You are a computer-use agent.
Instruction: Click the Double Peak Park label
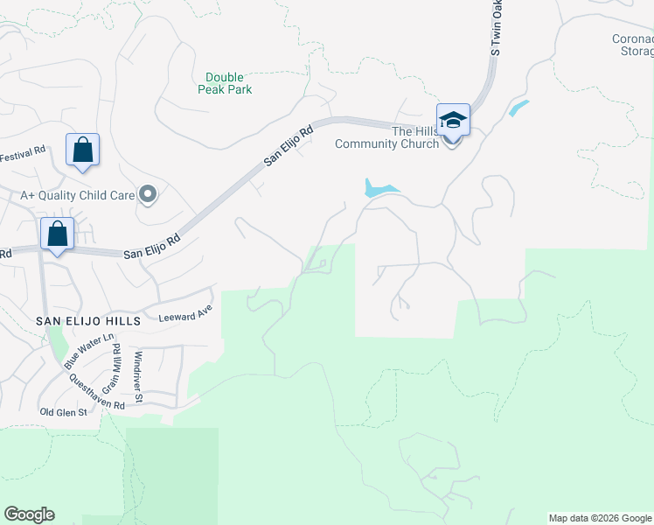tap(225, 83)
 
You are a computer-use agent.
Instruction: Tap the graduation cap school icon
tap(453, 119)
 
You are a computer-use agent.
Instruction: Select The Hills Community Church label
tap(387, 137)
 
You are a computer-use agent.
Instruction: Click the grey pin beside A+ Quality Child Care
tap(148, 194)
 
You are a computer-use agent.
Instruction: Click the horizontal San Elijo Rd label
tap(151, 252)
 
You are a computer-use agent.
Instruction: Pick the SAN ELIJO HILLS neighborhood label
tap(87, 321)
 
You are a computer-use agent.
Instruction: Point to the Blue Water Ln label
tap(95, 349)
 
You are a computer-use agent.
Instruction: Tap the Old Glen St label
tap(64, 411)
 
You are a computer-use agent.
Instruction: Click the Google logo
tap(29, 514)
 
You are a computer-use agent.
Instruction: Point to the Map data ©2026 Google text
tap(600, 518)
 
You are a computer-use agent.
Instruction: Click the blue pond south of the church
tap(379, 188)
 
